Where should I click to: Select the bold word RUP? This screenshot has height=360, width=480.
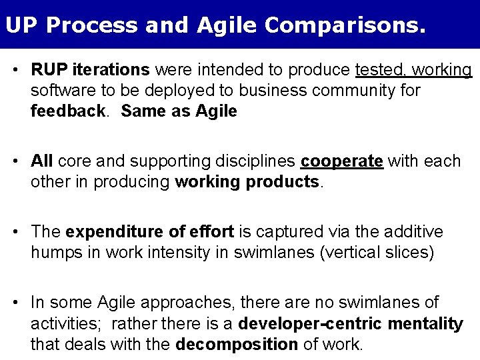click(46, 70)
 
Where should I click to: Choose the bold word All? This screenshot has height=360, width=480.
click(42, 161)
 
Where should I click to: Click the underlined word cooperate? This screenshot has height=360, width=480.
click(342, 161)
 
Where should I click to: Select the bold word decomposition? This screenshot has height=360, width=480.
click(237, 345)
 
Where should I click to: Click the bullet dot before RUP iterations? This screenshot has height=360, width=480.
click(21, 70)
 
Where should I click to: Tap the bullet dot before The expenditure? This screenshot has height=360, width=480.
click(21, 232)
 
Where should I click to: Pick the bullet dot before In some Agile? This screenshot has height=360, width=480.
click(21, 303)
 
